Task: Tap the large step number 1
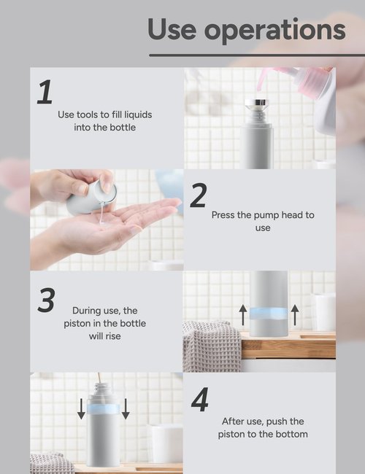tap(45, 93)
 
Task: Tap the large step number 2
tap(198, 195)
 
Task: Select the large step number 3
tap(46, 300)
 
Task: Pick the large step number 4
tap(199, 400)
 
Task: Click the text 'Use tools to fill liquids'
tap(105, 114)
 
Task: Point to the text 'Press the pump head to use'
tap(263, 221)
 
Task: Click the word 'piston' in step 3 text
tap(86, 323)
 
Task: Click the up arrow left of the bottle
tap(243, 315)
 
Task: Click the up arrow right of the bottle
tap(295, 315)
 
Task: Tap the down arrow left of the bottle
tap(81, 409)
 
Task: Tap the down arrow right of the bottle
tap(126, 409)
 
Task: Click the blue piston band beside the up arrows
tap(269, 314)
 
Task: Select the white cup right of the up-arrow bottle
tap(323, 311)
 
